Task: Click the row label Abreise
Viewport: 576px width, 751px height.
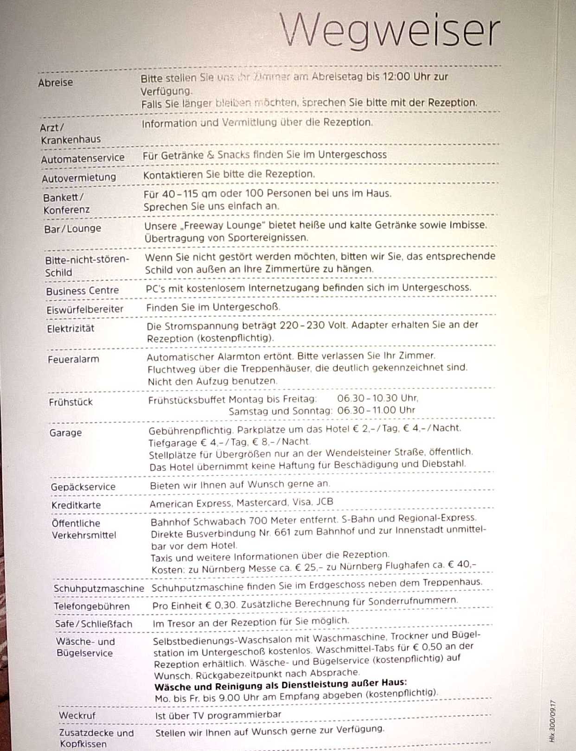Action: click(x=56, y=83)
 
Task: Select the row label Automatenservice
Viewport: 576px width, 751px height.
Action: click(x=83, y=159)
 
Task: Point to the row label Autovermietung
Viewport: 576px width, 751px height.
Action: click(x=79, y=178)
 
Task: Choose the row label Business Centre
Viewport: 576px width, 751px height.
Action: click(x=83, y=291)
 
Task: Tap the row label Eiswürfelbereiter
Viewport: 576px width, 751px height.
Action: click(x=85, y=309)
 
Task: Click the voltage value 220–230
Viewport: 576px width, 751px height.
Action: click(x=302, y=325)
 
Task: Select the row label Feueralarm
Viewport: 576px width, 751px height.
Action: click(x=73, y=359)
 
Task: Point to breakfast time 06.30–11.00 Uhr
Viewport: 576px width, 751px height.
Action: click(x=376, y=410)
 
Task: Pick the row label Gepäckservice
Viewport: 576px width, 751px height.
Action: click(x=83, y=487)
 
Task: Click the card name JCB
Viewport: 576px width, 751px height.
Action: click(x=325, y=502)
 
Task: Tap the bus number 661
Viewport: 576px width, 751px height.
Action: click(x=282, y=533)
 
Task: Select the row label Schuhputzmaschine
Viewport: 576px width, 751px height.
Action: click(x=99, y=588)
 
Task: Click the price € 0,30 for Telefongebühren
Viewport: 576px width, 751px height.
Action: click(x=222, y=605)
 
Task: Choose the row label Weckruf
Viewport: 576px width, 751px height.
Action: click(x=77, y=715)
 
